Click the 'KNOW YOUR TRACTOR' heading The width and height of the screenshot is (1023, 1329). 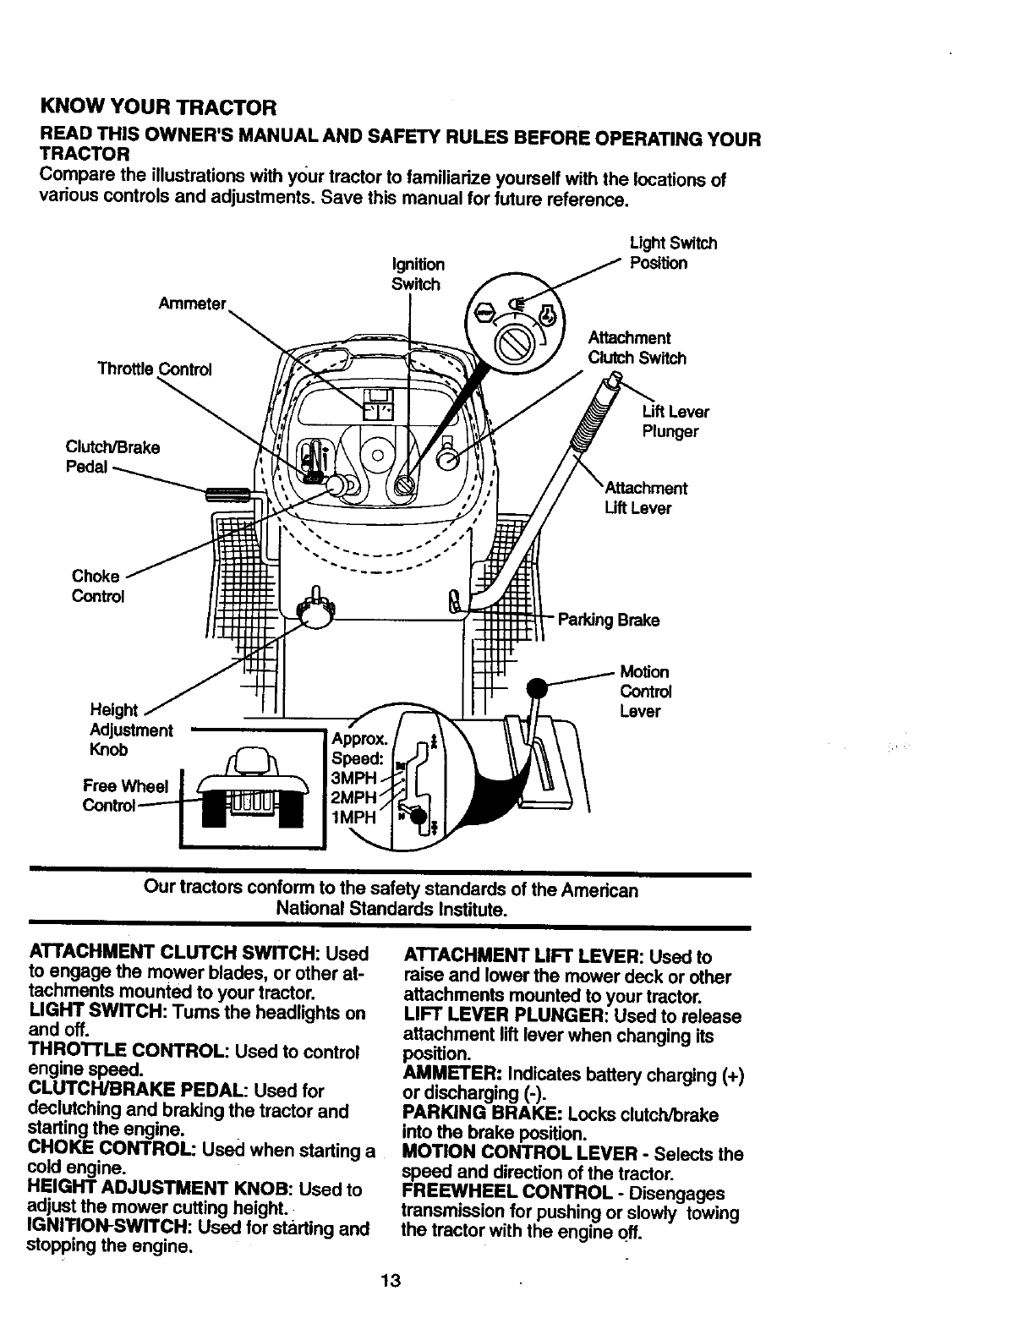point(158,108)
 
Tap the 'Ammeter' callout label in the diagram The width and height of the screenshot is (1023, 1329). point(192,304)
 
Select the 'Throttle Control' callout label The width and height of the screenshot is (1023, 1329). point(155,369)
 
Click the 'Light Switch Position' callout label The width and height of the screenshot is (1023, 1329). point(672,253)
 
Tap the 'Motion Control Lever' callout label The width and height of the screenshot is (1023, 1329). point(645,692)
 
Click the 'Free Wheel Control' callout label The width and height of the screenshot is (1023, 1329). point(124,796)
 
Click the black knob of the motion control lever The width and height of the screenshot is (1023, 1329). point(535,687)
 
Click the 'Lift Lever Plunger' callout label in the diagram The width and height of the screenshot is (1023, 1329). point(675,422)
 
